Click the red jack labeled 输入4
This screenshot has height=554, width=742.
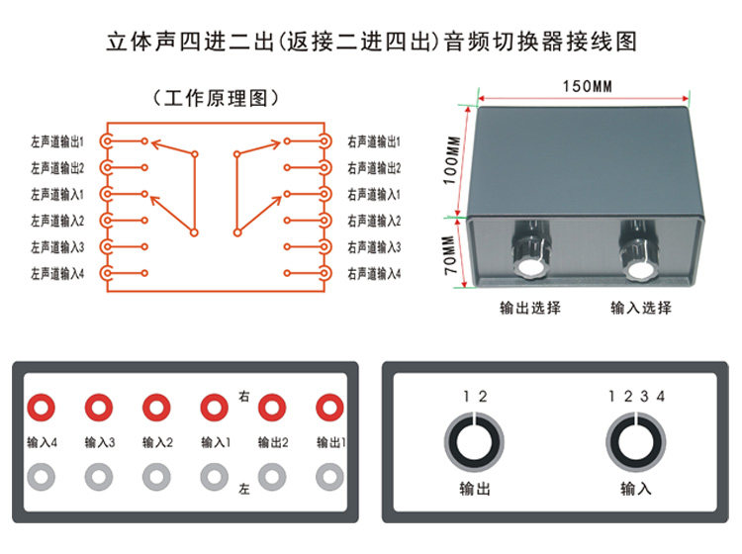tap(41, 407)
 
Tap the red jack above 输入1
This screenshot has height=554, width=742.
tap(214, 407)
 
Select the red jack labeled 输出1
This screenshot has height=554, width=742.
tap(329, 407)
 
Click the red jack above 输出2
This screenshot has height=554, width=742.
tap(271, 407)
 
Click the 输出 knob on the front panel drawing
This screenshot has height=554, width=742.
tap(474, 442)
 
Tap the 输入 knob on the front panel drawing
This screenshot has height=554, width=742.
tap(634, 442)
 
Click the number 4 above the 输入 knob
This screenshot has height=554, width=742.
tap(661, 397)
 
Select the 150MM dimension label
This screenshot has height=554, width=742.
tap(588, 86)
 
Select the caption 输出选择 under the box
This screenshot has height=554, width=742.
tap(529, 308)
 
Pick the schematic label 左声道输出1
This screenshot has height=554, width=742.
tap(57, 141)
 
